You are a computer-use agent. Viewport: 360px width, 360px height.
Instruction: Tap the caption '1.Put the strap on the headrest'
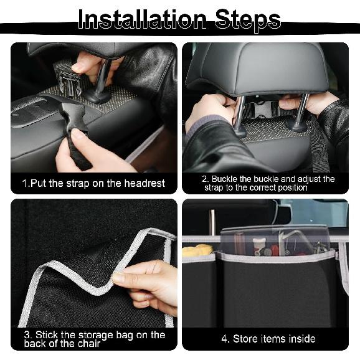click(93, 183)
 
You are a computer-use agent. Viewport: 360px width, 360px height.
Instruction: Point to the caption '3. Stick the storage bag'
click(94, 339)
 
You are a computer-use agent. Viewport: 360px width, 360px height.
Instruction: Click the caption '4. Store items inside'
click(268, 339)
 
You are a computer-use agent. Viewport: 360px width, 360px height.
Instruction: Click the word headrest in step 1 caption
click(144, 183)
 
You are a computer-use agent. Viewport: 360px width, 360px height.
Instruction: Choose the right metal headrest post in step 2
click(301, 113)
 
